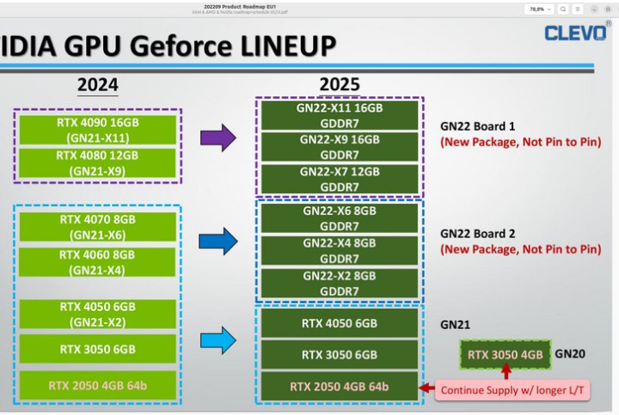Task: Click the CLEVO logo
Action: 576,34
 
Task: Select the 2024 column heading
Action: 97,85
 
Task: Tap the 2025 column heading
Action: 340,85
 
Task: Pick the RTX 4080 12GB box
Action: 97,162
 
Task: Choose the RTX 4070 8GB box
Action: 97,226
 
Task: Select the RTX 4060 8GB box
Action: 97,262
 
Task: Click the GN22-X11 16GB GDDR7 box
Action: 339,116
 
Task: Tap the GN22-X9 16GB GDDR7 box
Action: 339,147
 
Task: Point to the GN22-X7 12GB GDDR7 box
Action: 339,179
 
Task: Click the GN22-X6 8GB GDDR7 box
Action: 339,218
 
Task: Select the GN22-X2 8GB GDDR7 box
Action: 339,283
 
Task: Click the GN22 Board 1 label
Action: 479,125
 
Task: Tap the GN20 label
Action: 570,353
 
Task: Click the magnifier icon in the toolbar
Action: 562,9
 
